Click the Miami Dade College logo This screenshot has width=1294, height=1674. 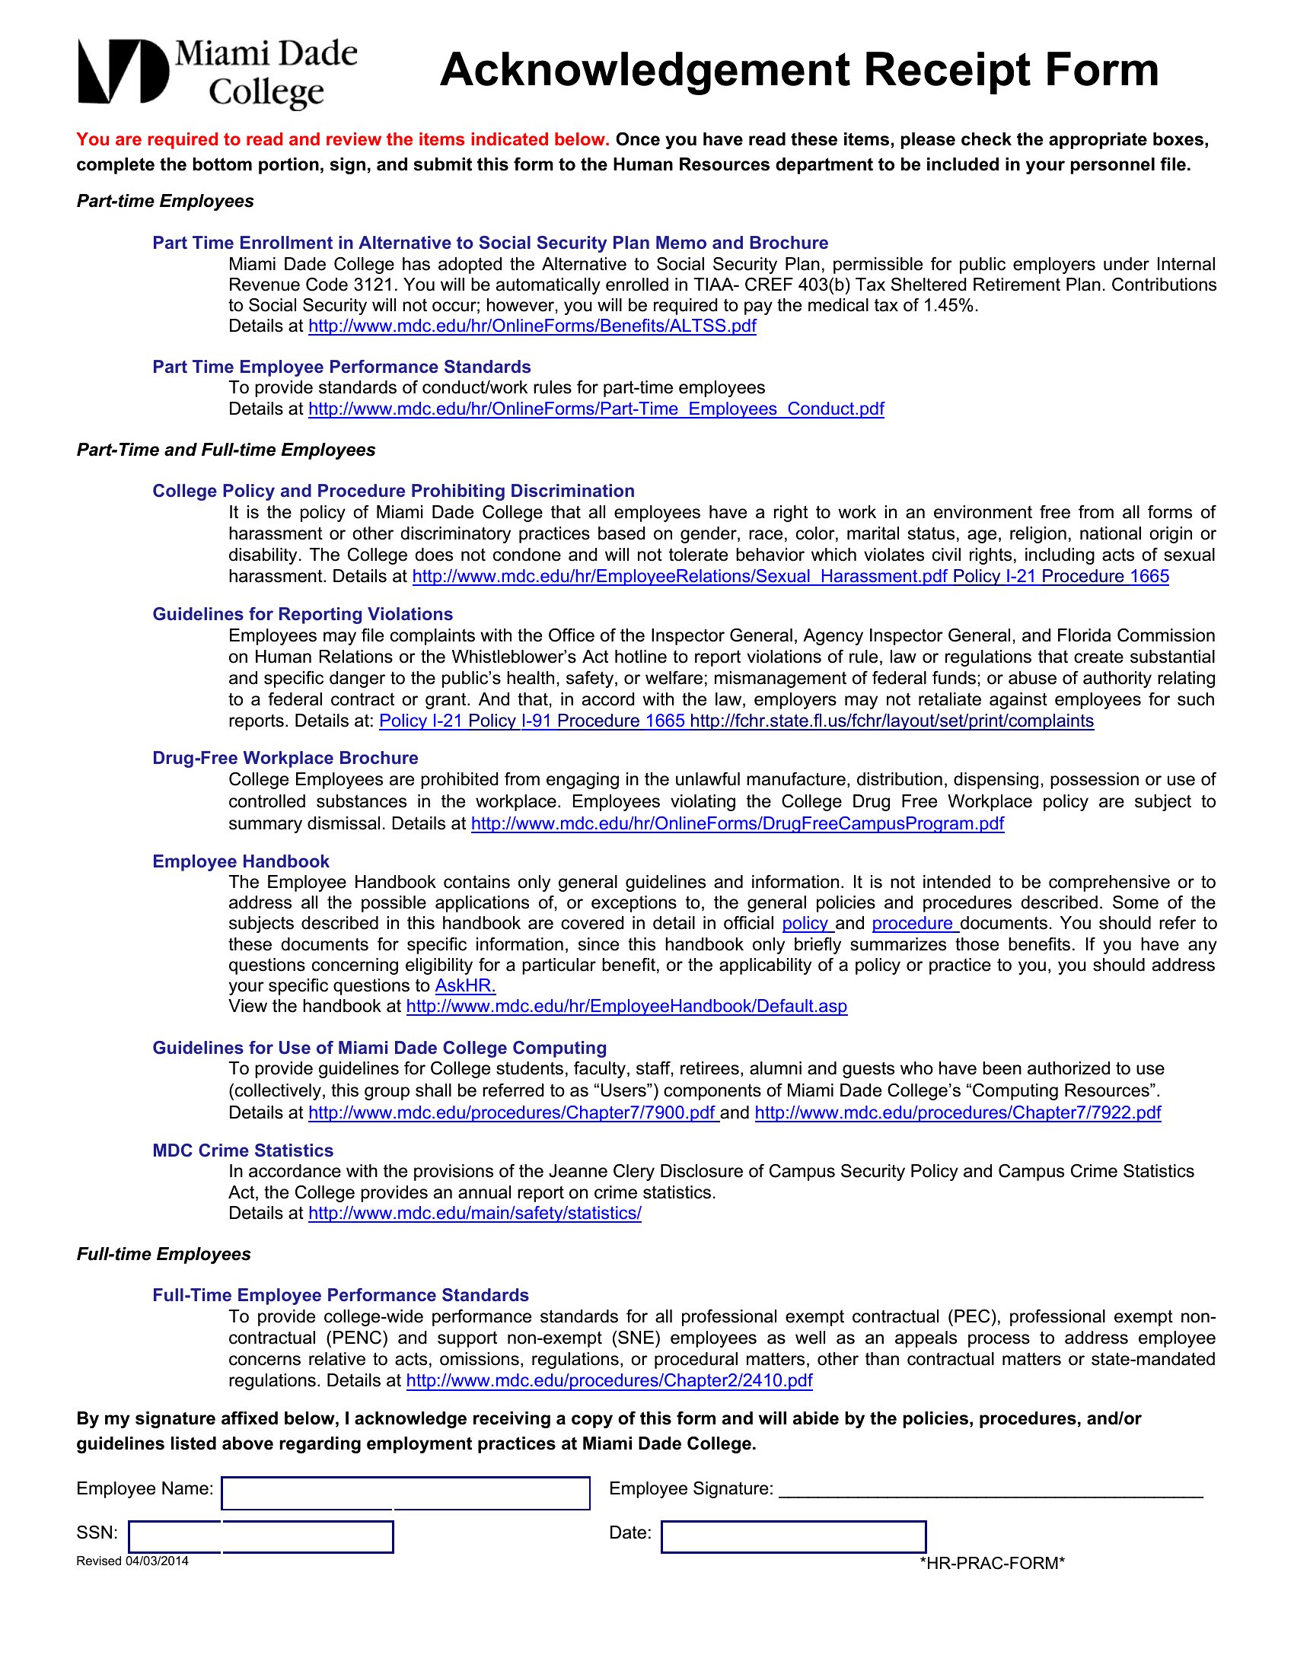coord(217,72)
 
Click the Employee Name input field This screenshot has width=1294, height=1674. coord(406,1492)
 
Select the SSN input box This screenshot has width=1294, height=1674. coord(260,1536)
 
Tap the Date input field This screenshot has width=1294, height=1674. coord(793,1536)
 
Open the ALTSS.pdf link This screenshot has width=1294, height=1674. coord(532,326)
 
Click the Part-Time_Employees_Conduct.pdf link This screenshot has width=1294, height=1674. coord(596,409)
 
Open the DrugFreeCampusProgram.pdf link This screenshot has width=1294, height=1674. coord(738,824)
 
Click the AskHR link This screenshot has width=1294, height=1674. coord(465,986)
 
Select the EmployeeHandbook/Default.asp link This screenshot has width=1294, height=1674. coord(626,1007)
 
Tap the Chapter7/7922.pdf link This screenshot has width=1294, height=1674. coord(958,1113)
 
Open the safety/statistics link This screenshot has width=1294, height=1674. coord(474,1214)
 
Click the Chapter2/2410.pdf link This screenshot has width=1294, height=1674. coord(609,1381)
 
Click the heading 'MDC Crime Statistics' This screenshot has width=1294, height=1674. coord(243,1150)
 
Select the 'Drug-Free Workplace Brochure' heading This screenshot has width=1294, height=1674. coord(285,758)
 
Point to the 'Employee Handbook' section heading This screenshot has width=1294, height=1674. coord(241,861)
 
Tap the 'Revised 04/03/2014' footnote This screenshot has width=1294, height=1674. coord(132,1561)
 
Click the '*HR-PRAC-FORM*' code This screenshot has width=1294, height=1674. coord(992,1564)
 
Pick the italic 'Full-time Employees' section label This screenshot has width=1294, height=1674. coord(164,1254)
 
